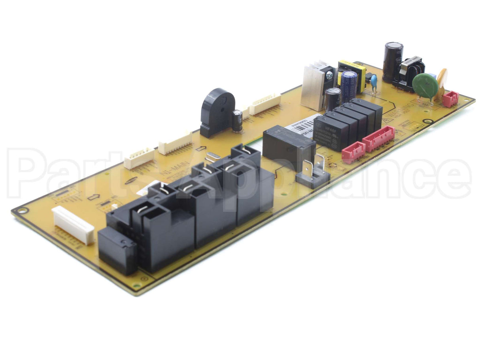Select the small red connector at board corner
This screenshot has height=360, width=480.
pyautogui.click(x=450, y=99)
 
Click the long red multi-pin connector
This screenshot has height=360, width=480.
pyautogui.click(x=379, y=139)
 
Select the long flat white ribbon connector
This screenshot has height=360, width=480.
pyautogui.click(x=73, y=224)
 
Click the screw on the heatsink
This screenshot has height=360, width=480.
pyautogui.click(x=329, y=74)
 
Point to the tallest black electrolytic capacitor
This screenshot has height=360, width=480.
pyautogui.click(x=393, y=61)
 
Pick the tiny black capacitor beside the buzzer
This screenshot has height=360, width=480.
pyautogui.click(x=237, y=121)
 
